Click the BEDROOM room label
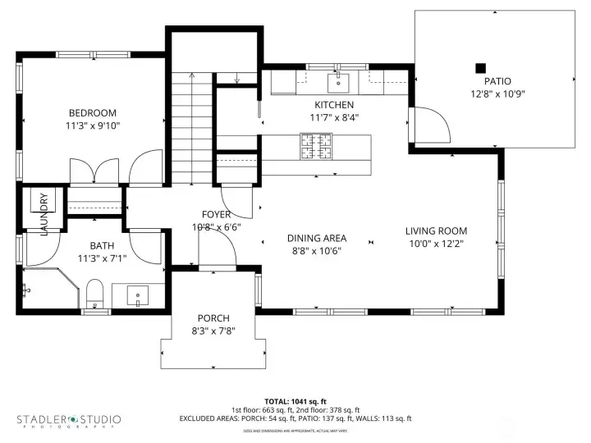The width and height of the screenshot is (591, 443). [x=92, y=113]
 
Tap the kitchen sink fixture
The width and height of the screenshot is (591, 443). [x=338, y=82]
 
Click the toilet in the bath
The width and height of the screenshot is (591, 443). [x=94, y=295]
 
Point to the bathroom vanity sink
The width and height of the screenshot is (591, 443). [x=138, y=294]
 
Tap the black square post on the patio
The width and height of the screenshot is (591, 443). [x=481, y=68]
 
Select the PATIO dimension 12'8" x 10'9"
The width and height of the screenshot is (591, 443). [x=497, y=94]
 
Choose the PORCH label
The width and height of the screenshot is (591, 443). [x=213, y=318]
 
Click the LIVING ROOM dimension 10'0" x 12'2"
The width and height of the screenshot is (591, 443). [x=436, y=244]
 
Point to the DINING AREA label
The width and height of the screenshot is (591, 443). [x=317, y=238]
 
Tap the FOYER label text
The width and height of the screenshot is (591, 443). [x=216, y=215]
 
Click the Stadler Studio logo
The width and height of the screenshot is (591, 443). [x=69, y=420]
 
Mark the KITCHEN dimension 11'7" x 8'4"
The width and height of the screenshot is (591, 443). [x=334, y=117]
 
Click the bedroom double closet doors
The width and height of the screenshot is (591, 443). [x=97, y=170]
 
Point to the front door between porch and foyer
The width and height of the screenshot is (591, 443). [x=217, y=257]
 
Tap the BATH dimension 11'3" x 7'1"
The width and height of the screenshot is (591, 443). [x=102, y=258]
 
